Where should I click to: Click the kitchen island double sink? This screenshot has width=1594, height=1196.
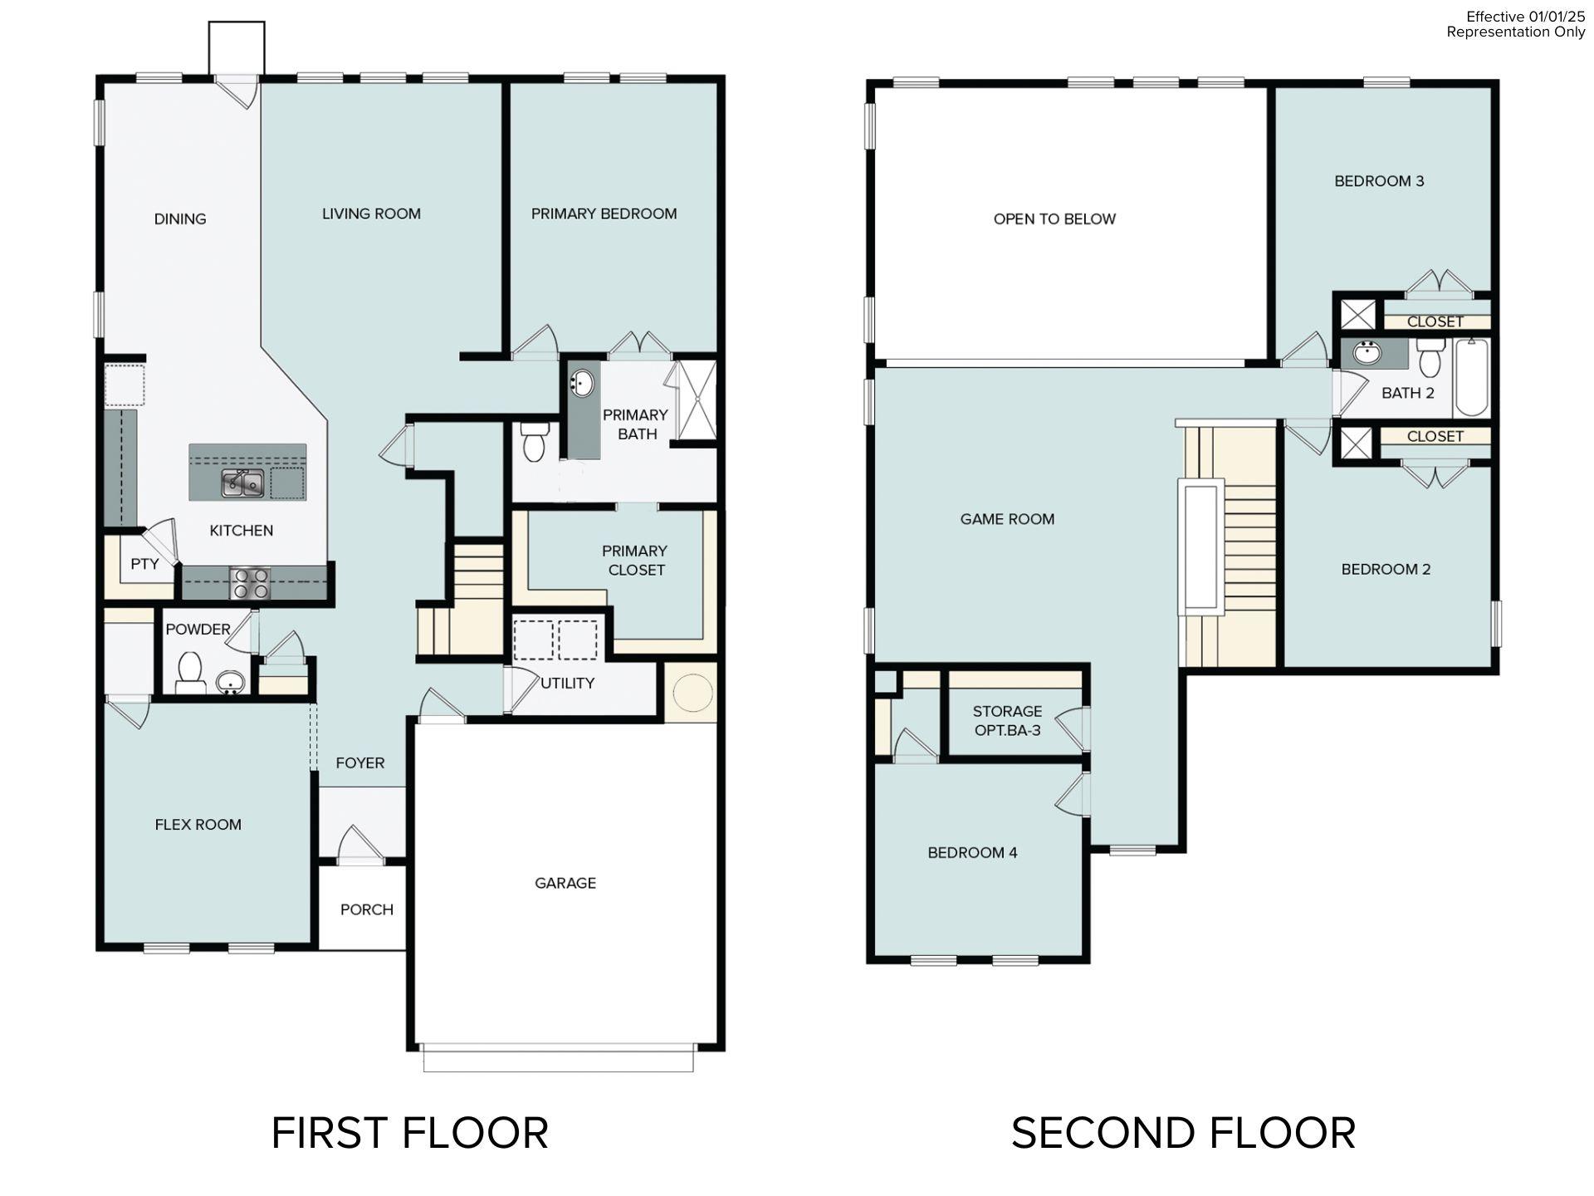click(x=242, y=483)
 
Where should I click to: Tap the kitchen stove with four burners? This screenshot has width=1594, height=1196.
click(x=250, y=582)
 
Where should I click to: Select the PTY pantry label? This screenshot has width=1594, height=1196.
click(x=144, y=564)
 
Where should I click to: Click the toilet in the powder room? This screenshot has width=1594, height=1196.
click(x=191, y=671)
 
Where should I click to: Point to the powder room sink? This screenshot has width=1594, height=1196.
click(x=230, y=683)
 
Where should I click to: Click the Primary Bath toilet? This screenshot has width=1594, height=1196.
click(x=533, y=441)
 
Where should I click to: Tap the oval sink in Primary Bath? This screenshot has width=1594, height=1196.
click(x=583, y=384)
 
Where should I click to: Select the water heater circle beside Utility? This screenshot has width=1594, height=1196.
click(x=692, y=692)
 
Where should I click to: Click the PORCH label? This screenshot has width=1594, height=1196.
click(x=366, y=909)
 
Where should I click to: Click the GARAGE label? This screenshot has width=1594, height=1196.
click(x=565, y=883)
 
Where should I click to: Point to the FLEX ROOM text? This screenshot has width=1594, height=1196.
click(x=198, y=825)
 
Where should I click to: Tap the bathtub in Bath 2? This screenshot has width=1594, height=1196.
click(x=1472, y=377)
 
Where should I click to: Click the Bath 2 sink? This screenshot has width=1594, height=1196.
click(x=1366, y=353)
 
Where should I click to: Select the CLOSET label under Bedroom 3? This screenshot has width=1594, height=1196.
click(x=1435, y=321)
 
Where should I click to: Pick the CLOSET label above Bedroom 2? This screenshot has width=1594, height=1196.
click(x=1435, y=436)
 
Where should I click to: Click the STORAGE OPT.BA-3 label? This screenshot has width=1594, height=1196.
click(x=1007, y=721)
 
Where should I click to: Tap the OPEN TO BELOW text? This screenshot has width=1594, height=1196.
click(x=1054, y=219)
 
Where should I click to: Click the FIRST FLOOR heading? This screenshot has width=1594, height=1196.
click(x=409, y=1133)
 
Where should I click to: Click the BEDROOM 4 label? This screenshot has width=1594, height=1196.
click(x=972, y=853)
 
